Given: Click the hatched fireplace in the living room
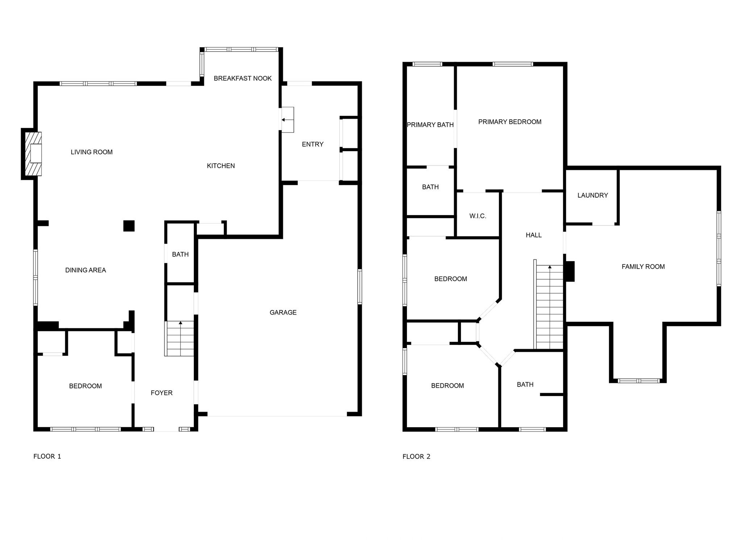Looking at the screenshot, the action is click(33, 153).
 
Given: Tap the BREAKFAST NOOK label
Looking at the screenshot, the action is click(242, 78).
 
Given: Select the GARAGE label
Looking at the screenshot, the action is click(283, 312).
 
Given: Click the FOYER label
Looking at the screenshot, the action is click(162, 393).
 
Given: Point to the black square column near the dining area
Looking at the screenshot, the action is click(129, 226).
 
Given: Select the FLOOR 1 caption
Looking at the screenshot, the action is click(47, 456).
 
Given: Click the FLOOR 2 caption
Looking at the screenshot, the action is click(416, 457).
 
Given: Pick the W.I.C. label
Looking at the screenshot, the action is click(478, 216).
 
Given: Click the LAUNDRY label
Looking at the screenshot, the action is click(592, 195).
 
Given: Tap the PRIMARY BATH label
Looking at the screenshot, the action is click(430, 125).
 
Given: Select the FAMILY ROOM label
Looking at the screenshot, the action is click(643, 267).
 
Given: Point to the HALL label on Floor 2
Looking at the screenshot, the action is click(534, 235).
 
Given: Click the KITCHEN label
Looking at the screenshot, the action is click(221, 166).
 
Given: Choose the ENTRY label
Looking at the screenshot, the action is click(313, 144).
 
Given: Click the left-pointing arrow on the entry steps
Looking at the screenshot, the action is click(288, 120).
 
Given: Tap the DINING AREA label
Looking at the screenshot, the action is click(86, 270).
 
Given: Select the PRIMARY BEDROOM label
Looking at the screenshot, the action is click(510, 122).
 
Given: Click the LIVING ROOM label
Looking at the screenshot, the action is click(92, 152).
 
